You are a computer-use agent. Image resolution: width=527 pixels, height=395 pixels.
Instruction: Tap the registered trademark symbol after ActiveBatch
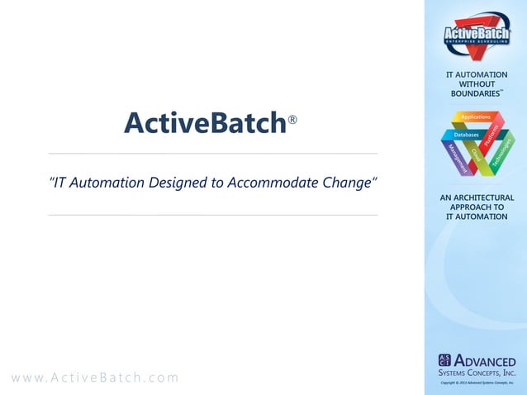pos(292,121)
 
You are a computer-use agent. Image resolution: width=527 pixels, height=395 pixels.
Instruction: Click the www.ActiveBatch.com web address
pos(94,378)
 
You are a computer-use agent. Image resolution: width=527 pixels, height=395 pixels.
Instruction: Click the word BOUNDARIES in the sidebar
pos(474,94)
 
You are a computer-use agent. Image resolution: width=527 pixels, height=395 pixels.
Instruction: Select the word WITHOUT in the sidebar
pos(477,84)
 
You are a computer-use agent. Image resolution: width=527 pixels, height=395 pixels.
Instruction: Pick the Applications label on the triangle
pos(476,117)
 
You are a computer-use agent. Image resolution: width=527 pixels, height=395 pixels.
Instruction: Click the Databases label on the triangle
pos(466,134)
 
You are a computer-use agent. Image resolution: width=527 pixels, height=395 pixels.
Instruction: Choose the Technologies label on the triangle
pos(501,154)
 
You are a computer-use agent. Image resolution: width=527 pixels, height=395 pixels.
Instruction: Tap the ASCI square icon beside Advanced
pos(444,360)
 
